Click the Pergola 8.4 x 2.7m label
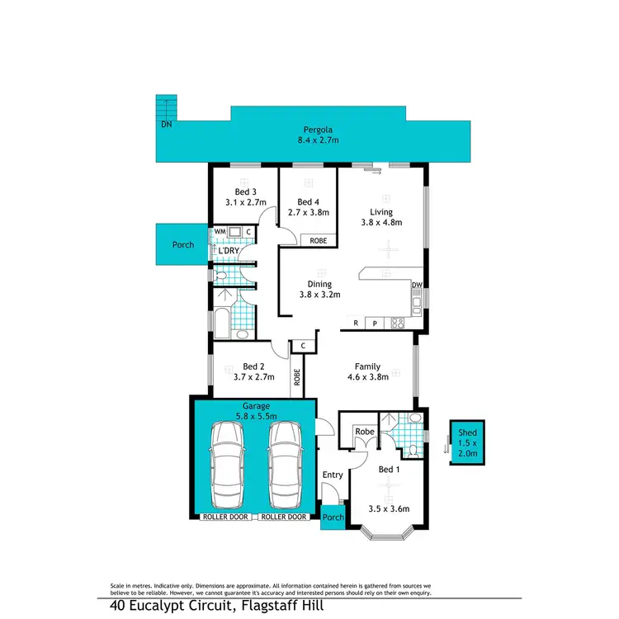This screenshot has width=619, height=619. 318,135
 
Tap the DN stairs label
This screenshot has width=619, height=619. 166,125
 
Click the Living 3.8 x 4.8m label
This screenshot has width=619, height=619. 381,217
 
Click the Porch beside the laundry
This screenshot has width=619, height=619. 182,245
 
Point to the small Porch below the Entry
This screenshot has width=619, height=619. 333,517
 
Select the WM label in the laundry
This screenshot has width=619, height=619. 220,232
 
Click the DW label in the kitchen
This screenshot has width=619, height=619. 417,286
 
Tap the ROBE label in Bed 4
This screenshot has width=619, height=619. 318,241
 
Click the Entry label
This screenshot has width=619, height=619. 333,475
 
